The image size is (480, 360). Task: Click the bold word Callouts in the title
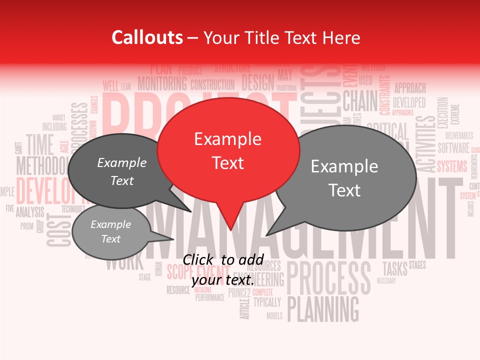(x=147, y=37)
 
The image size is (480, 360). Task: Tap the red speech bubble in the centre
(x=228, y=150)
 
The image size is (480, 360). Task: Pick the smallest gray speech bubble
(x=111, y=231)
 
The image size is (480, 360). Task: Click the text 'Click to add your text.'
(x=223, y=269)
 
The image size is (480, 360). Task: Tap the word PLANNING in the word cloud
(x=323, y=308)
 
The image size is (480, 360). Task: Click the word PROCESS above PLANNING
(x=328, y=278)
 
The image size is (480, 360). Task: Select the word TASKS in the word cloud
(x=395, y=268)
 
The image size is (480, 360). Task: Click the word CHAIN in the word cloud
(x=360, y=102)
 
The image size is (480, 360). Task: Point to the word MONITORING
(x=162, y=83)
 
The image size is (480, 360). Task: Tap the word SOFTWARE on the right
(x=453, y=148)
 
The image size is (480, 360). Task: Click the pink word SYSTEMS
(x=452, y=166)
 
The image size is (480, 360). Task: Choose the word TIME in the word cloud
(x=39, y=144)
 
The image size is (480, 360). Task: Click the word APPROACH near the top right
(x=410, y=88)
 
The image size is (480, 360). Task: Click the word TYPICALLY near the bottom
(x=267, y=302)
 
